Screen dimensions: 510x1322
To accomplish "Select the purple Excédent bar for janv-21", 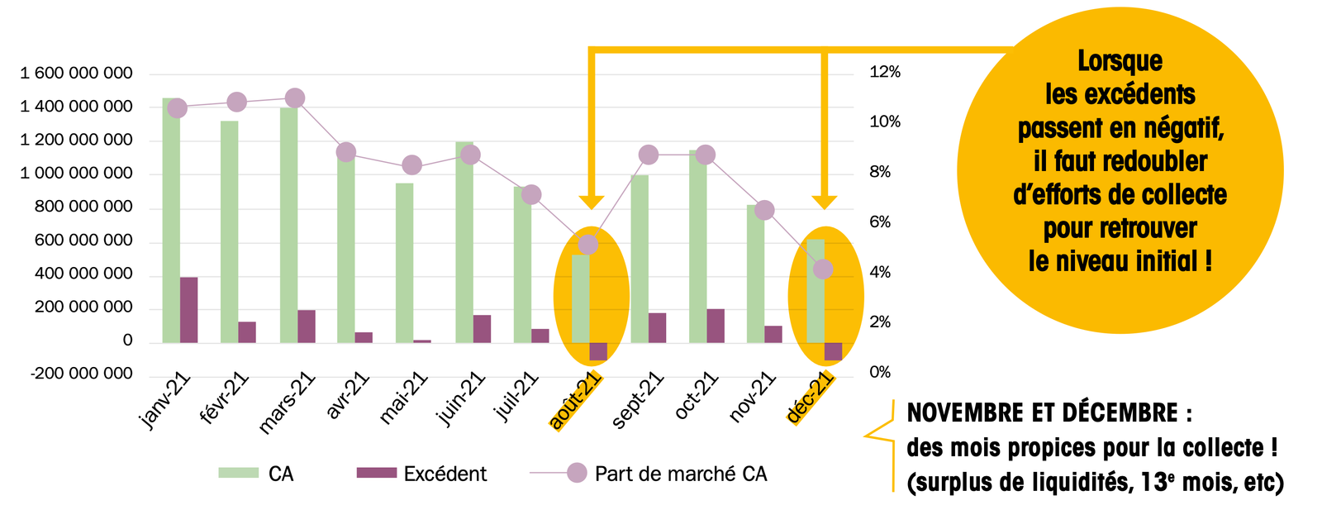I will click(189, 310).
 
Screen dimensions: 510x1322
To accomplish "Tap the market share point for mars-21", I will click(295, 98).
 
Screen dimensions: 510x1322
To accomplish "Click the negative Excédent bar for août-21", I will click(598, 351).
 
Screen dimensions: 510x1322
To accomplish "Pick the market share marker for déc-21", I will click(823, 269).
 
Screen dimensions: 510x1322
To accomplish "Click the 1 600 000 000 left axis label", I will click(76, 74).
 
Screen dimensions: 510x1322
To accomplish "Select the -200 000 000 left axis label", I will click(81, 374).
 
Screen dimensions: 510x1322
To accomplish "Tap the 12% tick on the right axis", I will click(885, 72).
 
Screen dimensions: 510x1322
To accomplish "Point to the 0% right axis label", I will click(880, 372).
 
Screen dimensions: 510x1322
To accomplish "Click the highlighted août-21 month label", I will click(576, 400).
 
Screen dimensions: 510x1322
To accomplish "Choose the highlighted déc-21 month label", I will click(810, 398).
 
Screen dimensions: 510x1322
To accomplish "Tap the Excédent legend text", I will click(445, 474).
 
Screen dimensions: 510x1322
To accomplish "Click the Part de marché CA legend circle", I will click(577, 473).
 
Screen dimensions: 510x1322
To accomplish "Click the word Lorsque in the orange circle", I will click(1120, 61).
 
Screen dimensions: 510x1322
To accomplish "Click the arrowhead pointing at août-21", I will click(591, 202).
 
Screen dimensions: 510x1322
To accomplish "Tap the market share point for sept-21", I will click(649, 155).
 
